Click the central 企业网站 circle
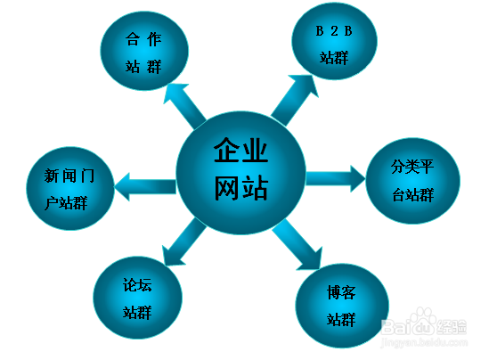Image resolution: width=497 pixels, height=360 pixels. click(240, 173)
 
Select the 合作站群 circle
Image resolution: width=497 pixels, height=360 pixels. click(144, 51)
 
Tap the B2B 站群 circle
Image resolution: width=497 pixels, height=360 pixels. click(334, 41)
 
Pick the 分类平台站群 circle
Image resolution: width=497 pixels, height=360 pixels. click(412, 181)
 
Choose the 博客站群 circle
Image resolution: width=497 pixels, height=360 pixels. click(342, 306)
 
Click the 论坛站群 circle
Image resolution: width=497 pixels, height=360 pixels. click(137, 298)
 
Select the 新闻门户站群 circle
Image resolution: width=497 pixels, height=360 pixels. click(70, 188)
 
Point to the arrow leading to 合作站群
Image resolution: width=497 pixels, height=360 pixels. click(184, 106)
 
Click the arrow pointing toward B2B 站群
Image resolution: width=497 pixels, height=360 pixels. click(295, 100)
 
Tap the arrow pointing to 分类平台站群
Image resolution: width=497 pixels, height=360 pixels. click(336, 178)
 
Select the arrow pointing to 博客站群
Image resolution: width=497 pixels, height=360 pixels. click(297, 244)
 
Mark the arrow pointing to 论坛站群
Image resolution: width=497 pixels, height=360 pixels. click(183, 242)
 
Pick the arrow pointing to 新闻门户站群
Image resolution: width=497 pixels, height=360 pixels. click(145, 186)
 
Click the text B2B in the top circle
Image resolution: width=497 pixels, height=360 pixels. click(334, 31)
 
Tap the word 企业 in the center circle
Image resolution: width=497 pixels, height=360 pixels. click(240, 151)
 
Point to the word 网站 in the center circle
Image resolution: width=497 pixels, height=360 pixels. click(241, 188)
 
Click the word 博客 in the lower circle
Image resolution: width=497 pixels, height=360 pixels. click(341, 292)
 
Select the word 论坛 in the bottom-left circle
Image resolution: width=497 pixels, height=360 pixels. click(137, 284)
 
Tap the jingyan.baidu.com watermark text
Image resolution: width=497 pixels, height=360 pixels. click(424, 342)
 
